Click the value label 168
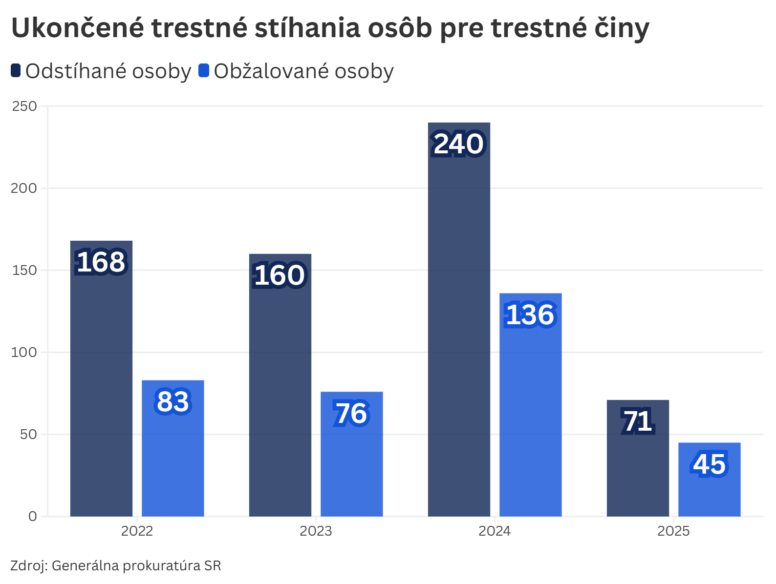click(x=101, y=262)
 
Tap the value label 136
click(x=531, y=315)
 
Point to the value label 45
click(x=710, y=464)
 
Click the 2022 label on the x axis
click(x=137, y=531)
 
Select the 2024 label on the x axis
click(x=495, y=531)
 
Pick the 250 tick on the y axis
click(x=24, y=106)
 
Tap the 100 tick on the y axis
click(x=24, y=352)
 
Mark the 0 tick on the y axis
click(x=33, y=516)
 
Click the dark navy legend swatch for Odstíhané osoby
click(x=16, y=71)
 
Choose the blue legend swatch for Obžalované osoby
click(x=204, y=71)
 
